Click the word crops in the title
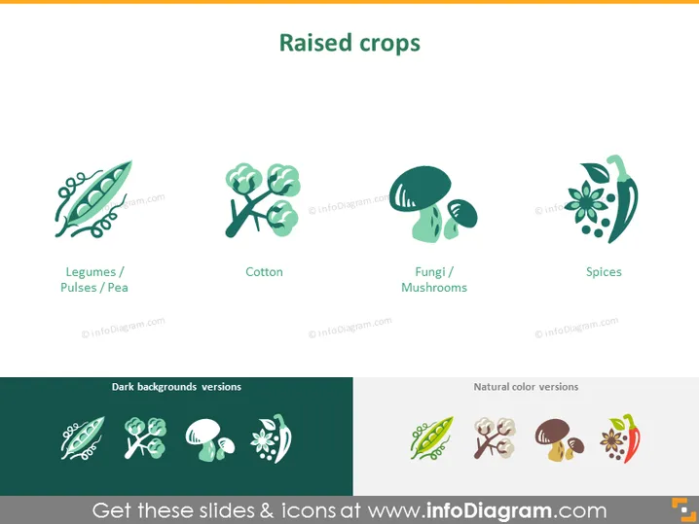coord(389,45)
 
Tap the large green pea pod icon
coord(93,198)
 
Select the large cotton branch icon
coord(263,200)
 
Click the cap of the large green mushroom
coord(420,188)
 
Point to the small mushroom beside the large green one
coord(460,219)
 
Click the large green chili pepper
coord(623,199)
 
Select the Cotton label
coord(264,272)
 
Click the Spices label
coord(604,272)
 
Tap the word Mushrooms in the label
coord(434,288)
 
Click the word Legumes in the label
coord(91,272)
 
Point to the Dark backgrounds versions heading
coord(176,387)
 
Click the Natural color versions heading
coord(526,387)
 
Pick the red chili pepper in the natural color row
coord(632,438)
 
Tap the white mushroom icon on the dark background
coord(210,439)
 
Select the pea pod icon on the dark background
coord(83,438)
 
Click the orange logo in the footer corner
coord(683,509)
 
